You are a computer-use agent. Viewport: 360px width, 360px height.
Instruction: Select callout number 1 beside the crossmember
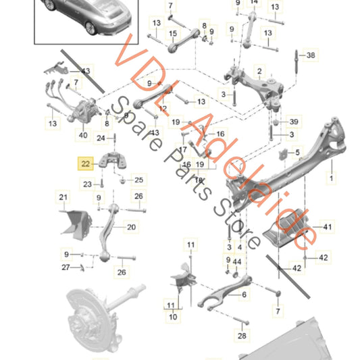pos(331,179)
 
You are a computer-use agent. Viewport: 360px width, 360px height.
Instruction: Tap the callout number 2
pos(259,70)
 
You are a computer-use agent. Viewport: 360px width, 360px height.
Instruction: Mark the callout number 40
pos(83,136)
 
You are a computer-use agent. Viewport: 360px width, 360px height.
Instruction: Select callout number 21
pos(63,197)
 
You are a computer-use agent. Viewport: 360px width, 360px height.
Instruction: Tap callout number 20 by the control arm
pos(131,227)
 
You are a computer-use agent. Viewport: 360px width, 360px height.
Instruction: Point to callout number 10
pos(174,316)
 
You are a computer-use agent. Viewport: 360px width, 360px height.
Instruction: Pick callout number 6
pos(244,294)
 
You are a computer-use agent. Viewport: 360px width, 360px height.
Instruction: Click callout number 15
pos(173,33)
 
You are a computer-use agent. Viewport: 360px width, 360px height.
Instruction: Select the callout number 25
pos(139,180)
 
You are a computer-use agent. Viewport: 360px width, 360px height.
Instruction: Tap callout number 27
pos(66,267)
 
